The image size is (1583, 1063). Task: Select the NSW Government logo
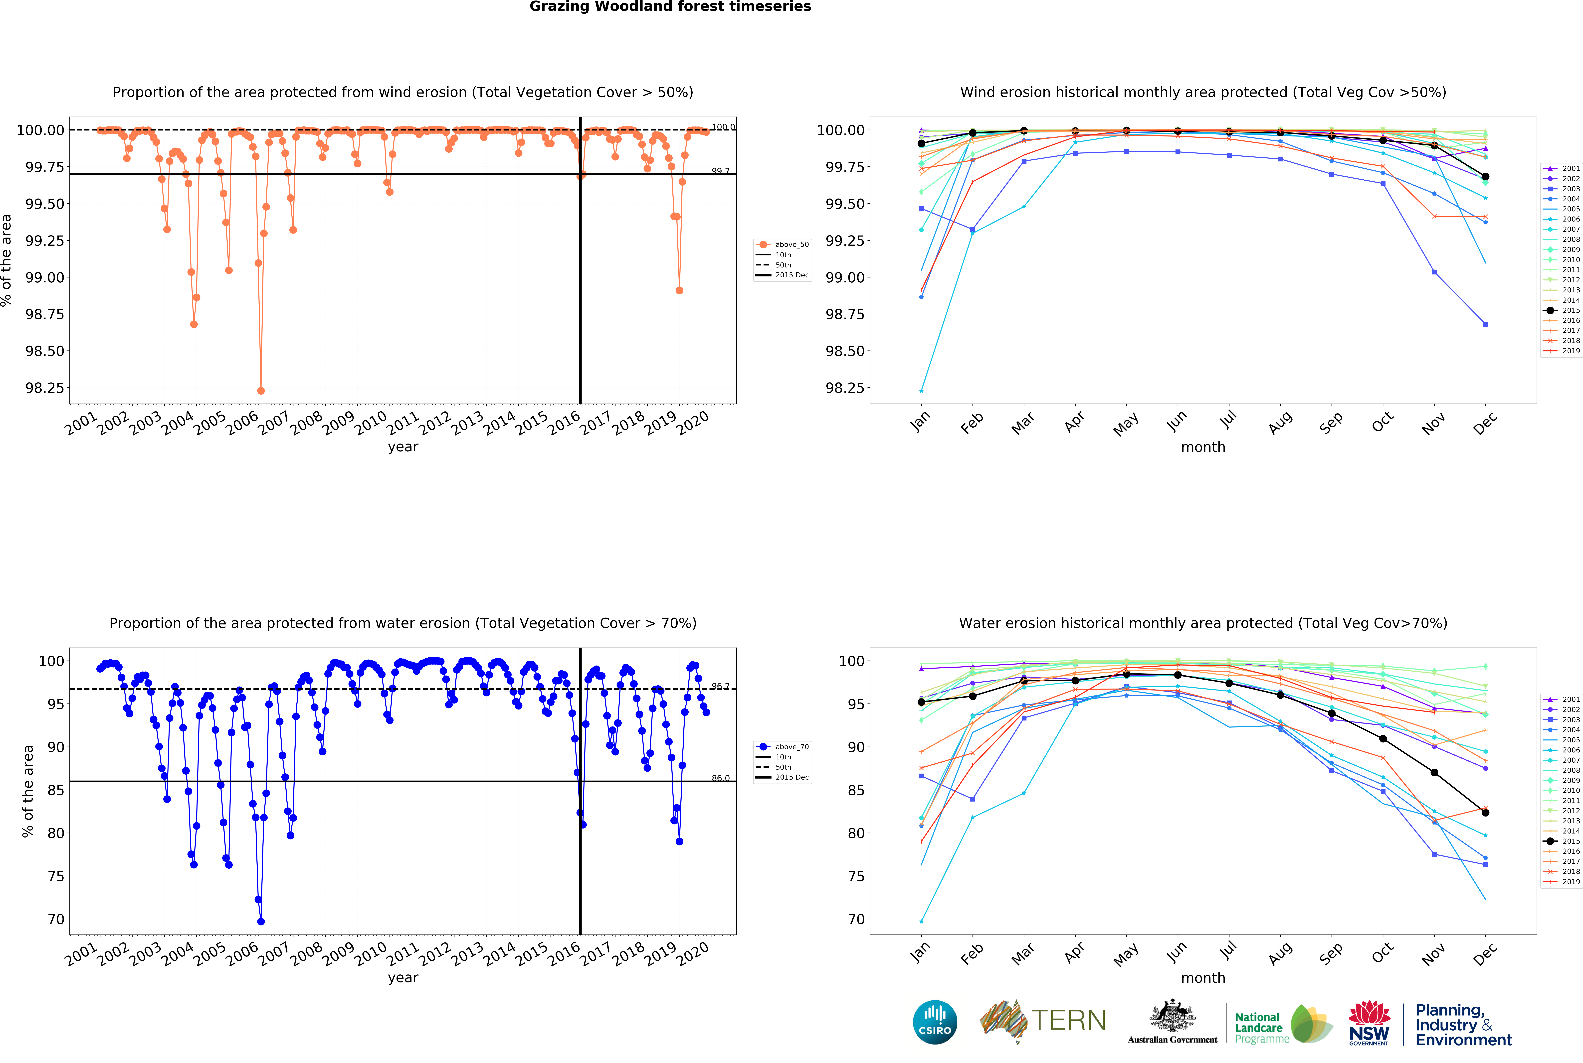click(1369, 1022)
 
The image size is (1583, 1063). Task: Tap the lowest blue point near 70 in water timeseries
click(261, 921)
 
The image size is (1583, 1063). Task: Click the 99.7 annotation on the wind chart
click(720, 171)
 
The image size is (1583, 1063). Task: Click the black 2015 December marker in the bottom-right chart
click(1485, 812)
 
